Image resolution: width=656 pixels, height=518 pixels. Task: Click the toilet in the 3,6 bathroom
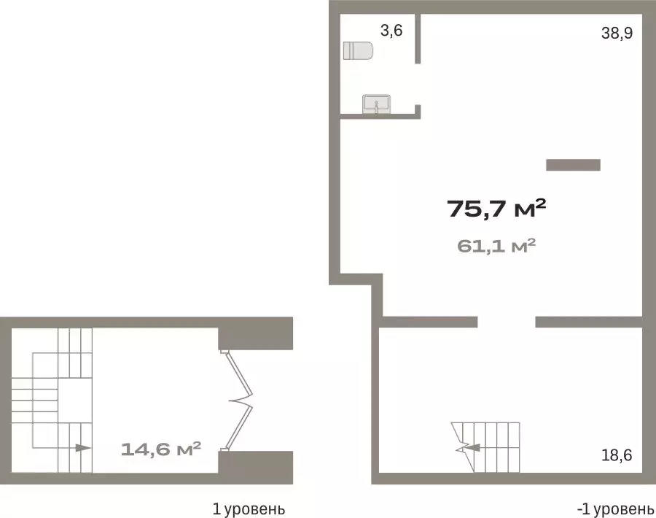pos(358,50)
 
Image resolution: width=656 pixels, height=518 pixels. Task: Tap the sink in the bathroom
pos(377,104)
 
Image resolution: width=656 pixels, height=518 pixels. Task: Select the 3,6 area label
pos(391,30)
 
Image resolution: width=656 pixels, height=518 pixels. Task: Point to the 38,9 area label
pos(617,33)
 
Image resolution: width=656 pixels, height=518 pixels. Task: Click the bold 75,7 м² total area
pos(496,208)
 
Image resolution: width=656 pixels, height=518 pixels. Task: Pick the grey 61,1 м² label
pos(496,245)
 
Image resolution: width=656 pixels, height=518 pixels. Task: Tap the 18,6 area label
pos(617,455)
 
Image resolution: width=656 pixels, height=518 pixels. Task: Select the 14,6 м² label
pos(161,449)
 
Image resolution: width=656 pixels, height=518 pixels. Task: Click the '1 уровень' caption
pos(249,509)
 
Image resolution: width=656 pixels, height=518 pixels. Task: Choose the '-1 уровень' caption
pos(615,509)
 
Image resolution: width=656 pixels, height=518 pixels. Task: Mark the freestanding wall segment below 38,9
pos(573,165)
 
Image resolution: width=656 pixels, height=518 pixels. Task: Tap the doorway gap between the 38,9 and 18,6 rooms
pos(507,322)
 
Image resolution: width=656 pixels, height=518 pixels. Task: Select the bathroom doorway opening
pos(418,84)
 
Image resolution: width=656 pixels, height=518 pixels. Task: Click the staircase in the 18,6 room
pos(485,447)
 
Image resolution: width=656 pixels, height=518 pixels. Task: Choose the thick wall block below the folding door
pos(256,468)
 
